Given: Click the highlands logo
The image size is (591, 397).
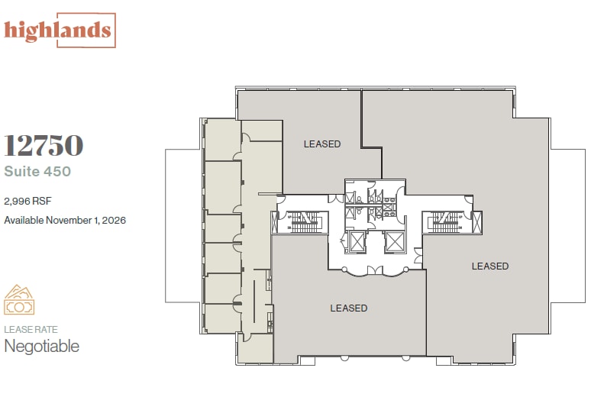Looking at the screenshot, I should [x=59, y=31].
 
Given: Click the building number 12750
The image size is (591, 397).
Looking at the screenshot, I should [x=44, y=145].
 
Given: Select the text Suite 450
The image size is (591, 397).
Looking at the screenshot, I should [x=37, y=171].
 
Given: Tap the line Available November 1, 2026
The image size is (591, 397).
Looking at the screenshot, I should [x=65, y=220].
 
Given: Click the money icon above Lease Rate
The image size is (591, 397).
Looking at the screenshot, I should [x=20, y=300].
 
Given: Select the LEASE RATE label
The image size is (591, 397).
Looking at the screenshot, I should [x=31, y=330].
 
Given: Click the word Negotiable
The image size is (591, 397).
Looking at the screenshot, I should [x=42, y=346].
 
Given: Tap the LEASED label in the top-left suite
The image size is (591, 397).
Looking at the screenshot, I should [x=322, y=144].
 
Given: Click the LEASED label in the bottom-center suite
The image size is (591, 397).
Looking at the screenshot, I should [x=349, y=308].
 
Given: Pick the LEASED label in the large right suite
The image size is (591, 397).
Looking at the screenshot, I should [x=490, y=266].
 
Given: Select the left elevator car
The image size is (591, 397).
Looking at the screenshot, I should [x=356, y=242].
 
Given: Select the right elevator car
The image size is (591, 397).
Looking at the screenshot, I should [x=395, y=242].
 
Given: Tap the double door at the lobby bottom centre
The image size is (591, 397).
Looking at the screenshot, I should [x=374, y=270].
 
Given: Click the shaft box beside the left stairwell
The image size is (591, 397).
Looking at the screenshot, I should [x=276, y=222].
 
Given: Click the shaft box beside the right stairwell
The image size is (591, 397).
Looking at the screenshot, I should [x=477, y=222].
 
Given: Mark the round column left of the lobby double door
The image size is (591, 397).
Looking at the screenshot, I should [x=344, y=270].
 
